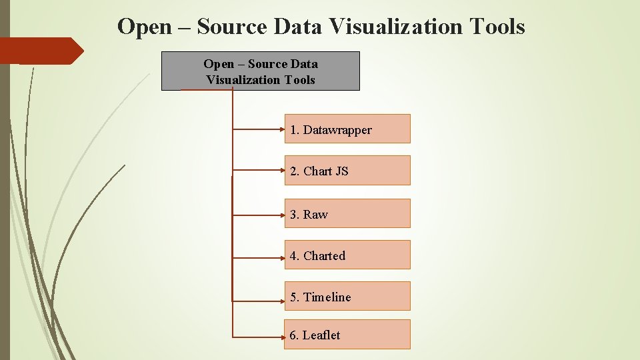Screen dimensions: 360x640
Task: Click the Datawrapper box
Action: click(x=347, y=129)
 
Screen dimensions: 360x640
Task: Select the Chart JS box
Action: click(x=347, y=171)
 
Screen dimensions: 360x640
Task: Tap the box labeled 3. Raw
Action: click(x=347, y=213)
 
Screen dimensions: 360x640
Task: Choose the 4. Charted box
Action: click(x=347, y=255)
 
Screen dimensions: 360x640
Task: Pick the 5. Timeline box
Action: click(x=347, y=296)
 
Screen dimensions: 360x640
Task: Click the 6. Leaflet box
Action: click(x=347, y=334)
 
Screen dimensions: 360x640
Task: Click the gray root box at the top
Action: click(x=261, y=71)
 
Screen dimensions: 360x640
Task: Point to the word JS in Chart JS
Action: click(x=342, y=171)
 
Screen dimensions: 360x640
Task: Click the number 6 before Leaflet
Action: click(x=293, y=335)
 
